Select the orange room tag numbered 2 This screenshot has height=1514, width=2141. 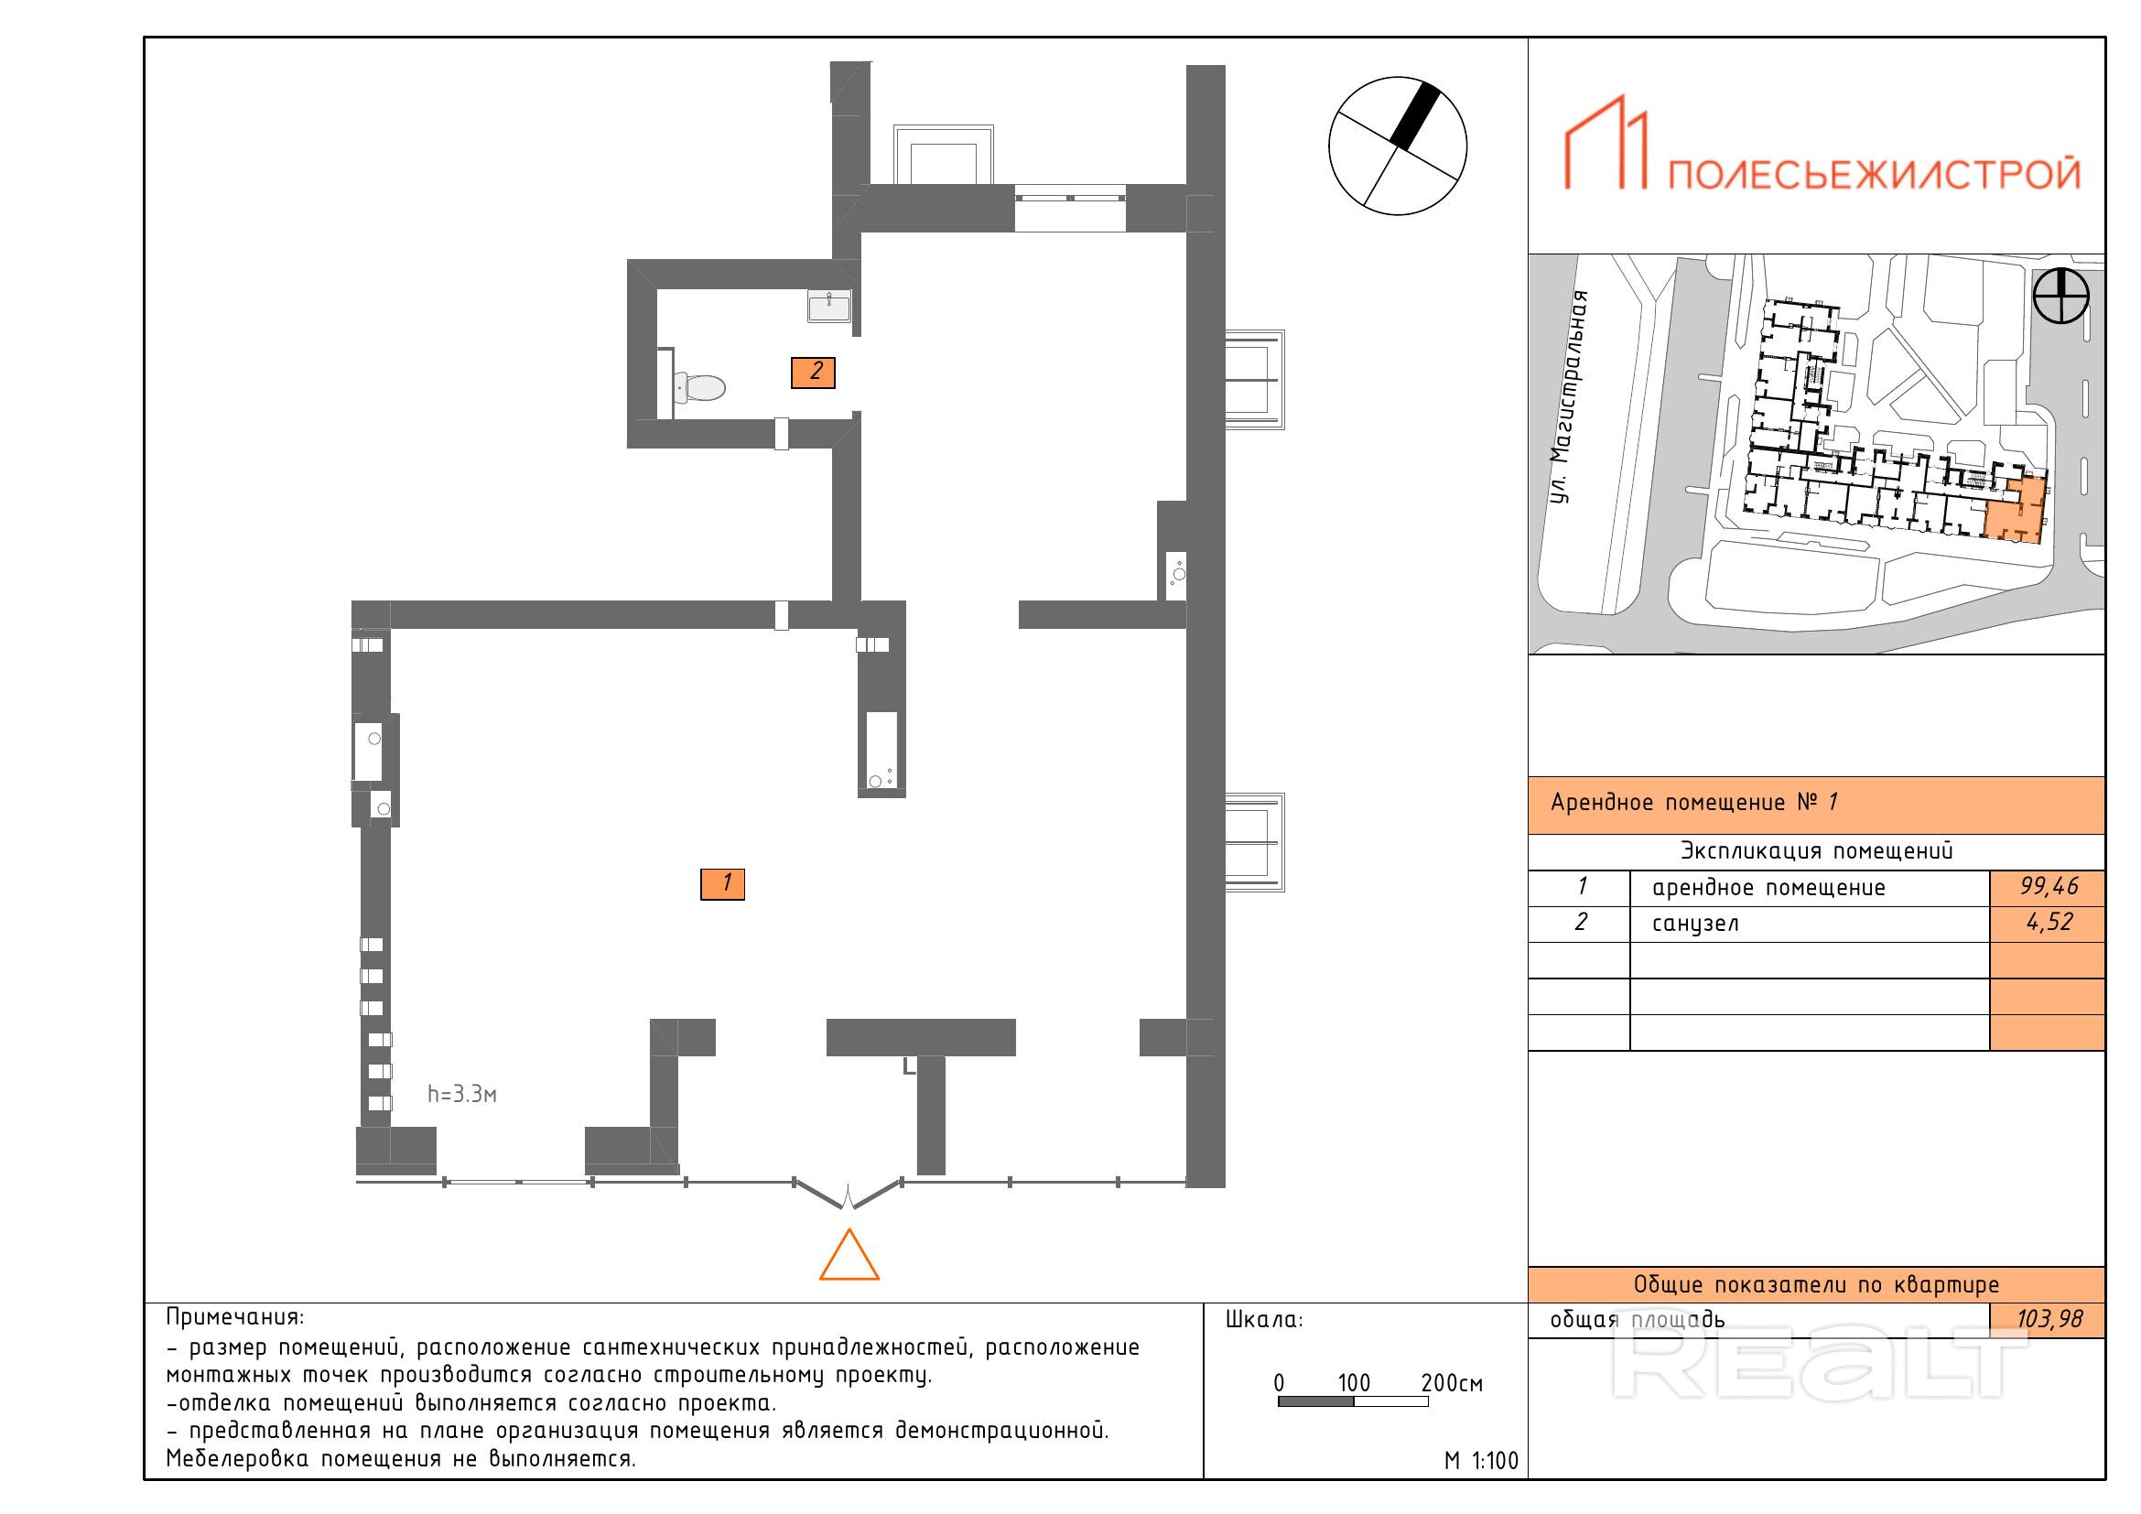coord(812,373)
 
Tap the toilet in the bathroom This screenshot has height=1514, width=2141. coord(697,387)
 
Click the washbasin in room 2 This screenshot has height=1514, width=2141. coord(829,306)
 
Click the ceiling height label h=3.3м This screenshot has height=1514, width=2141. coord(461,1094)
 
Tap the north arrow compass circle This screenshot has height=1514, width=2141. coord(1397,146)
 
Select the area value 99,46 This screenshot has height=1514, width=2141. coord(2048,887)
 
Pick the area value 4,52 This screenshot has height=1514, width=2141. coord(2049,922)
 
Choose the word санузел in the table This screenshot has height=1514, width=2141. coord(1695,923)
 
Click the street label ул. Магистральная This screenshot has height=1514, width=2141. coord(1570,398)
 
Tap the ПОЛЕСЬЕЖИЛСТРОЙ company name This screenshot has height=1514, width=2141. coord(1873,173)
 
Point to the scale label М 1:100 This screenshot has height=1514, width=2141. coord(1481,1461)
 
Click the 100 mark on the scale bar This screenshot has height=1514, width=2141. coord(1353,1383)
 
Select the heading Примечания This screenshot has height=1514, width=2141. coord(235,1318)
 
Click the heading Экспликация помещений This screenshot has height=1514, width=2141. coord(1816,851)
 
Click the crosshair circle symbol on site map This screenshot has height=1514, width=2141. coord(2060,297)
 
